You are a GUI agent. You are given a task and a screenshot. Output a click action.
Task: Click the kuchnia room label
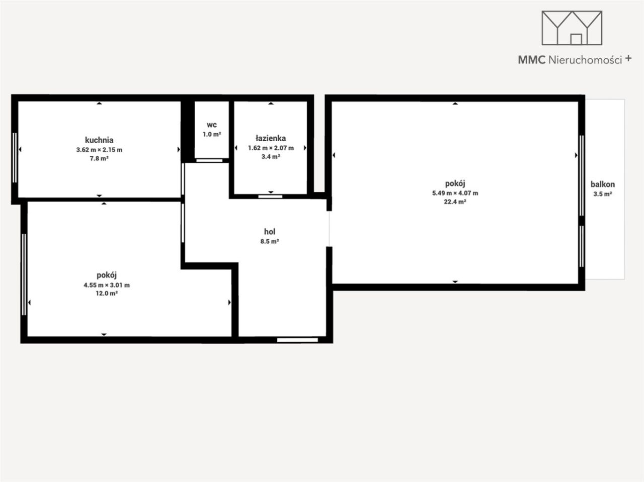pos(99,140)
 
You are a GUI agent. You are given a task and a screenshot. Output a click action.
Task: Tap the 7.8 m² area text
pos(99,158)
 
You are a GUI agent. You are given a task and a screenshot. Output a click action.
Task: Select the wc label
pos(211,125)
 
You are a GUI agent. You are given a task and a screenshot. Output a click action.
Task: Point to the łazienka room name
pos(271,138)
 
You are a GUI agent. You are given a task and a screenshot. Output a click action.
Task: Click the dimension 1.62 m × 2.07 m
pos(271,148)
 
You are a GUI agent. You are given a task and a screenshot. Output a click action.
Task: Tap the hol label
pos(270,232)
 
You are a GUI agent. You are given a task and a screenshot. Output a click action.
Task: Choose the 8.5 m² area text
pos(270,241)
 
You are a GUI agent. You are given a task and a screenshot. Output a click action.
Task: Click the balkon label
pos(603,184)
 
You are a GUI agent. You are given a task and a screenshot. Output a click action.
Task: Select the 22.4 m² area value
pos(455,202)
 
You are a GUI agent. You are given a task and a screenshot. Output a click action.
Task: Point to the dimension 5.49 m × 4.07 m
pos(455,193)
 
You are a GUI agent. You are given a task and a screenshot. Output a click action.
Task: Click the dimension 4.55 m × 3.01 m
pos(107,285)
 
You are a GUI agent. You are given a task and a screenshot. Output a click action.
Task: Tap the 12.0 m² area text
pos(107,294)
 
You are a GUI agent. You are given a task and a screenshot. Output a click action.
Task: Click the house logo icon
pos(572,28)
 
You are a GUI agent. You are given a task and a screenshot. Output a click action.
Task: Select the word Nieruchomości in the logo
pos(585,60)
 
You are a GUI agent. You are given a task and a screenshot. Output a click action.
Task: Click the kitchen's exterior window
pos(15,158)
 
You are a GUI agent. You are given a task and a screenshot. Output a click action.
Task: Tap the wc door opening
pos(209,160)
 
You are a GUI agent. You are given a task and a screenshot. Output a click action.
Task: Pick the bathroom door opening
pos(270,197)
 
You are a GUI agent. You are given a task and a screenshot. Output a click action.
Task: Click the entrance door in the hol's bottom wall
pos(297,340)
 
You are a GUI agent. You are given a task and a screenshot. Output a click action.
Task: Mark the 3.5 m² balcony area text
pos(603,194)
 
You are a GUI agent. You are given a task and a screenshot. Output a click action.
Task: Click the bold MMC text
pos(532,60)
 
